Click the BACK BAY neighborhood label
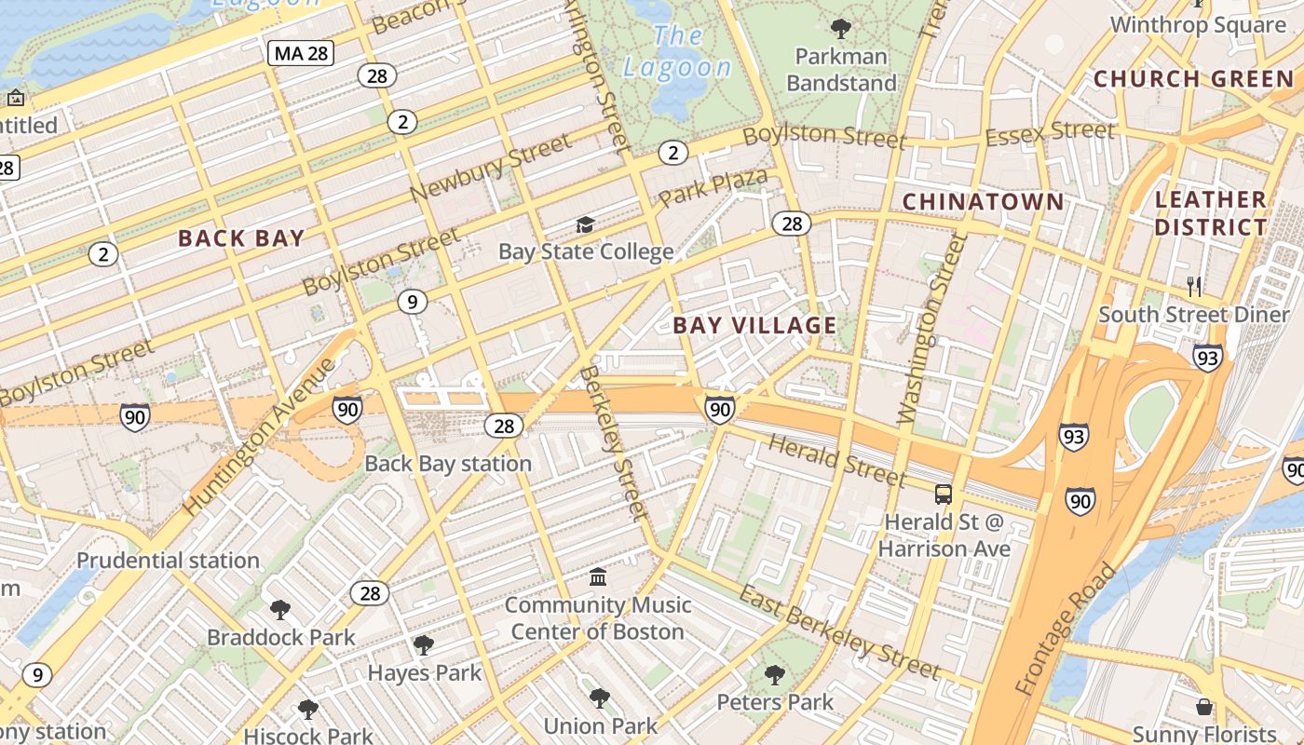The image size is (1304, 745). [x=241, y=237]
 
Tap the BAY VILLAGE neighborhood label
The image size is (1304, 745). [x=754, y=325]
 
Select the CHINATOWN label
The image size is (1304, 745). [x=983, y=201]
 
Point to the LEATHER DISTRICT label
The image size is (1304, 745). [x=1210, y=213]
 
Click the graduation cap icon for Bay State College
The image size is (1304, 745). [x=585, y=224]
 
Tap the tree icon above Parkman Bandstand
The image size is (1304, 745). [x=841, y=29]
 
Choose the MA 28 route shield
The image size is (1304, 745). [x=301, y=53]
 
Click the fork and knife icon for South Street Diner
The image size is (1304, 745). [x=1195, y=286]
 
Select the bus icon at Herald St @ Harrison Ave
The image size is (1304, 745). [x=944, y=494]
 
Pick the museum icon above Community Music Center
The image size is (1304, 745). [x=598, y=577]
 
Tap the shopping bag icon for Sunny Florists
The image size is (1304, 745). [x=1204, y=707]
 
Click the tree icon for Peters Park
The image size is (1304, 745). [x=774, y=674]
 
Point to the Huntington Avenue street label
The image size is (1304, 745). [x=259, y=437]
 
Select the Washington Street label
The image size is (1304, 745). [x=932, y=331]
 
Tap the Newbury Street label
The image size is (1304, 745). [x=490, y=168]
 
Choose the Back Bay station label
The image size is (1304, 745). [x=448, y=463]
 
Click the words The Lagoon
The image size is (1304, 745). [x=677, y=52]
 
